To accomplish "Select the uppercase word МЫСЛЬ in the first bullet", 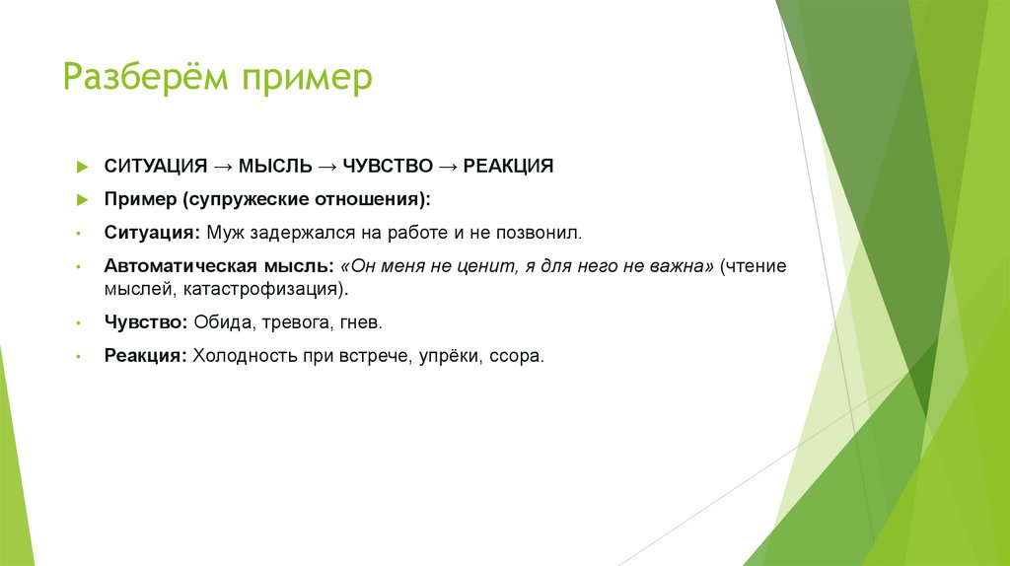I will click(x=273, y=166).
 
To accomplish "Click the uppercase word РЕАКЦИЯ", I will click(x=508, y=166).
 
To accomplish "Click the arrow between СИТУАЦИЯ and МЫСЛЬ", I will click(x=223, y=166).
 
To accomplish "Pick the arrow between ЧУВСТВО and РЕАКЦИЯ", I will click(x=448, y=166).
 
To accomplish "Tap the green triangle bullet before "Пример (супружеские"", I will click(x=83, y=200).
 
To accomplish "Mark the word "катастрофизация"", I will click(x=271, y=290).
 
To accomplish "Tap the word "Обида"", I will click(x=218, y=322).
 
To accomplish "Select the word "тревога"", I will click(x=284, y=322).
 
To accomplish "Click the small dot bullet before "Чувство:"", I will click(x=78, y=323).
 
